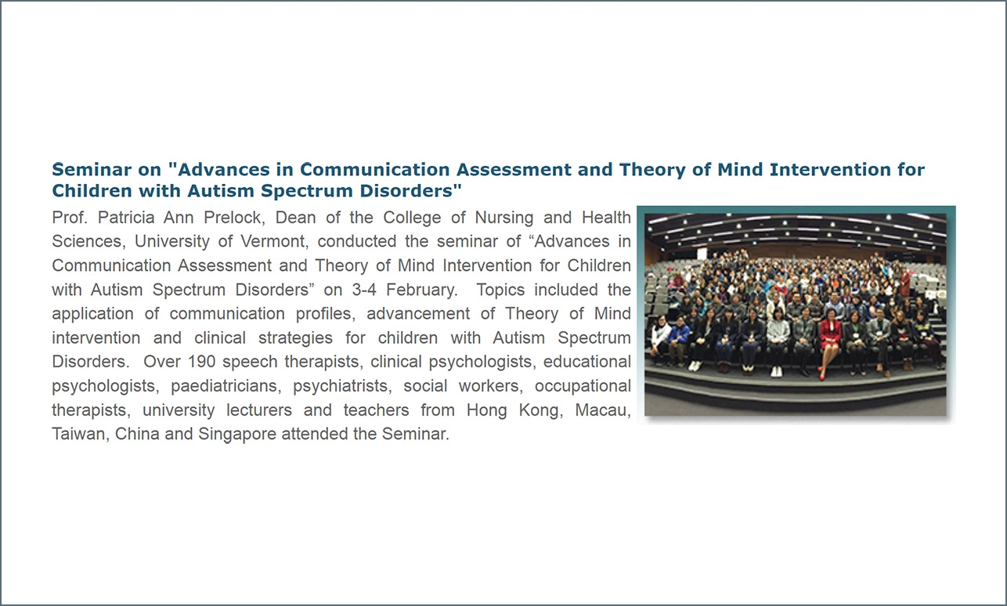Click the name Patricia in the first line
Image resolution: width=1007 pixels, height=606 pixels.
pos(126,218)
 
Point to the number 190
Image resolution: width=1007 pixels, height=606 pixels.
pos(202,362)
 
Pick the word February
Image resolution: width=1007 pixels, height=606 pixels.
pos(422,290)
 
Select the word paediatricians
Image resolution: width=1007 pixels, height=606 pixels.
pos(226,386)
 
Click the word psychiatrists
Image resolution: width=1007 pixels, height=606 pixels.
pos(342,386)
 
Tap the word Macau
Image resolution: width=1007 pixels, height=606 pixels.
pos(603,410)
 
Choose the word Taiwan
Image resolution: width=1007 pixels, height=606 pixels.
pos(81,435)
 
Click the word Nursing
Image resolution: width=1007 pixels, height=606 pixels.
pos(504,218)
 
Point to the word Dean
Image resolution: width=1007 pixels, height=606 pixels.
pos(295,218)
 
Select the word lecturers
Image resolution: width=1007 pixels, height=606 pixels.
pos(259,410)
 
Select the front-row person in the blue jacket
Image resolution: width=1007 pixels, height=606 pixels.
pos(678,341)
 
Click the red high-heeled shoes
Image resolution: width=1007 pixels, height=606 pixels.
pos(821,374)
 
